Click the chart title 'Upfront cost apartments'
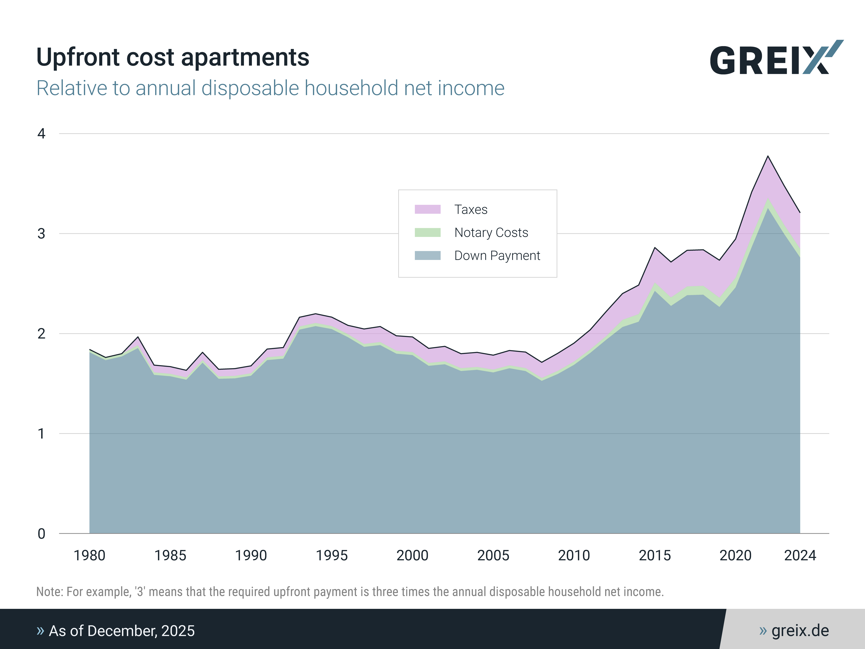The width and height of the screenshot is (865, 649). click(x=172, y=57)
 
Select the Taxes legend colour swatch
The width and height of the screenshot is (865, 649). click(x=427, y=209)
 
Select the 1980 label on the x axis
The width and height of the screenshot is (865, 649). click(x=90, y=556)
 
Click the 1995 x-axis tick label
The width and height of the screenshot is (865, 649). click(x=332, y=556)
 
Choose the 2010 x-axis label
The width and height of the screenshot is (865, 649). click(x=574, y=556)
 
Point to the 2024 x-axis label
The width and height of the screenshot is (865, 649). click(x=800, y=556)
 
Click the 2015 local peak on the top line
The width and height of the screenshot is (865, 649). click(x=655, y=248)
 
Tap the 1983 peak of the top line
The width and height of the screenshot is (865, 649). click(x=138, y=337)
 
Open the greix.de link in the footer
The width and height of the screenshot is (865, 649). click(x=800, y=631)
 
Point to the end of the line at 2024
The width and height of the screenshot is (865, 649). click(x=800, y=213)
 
